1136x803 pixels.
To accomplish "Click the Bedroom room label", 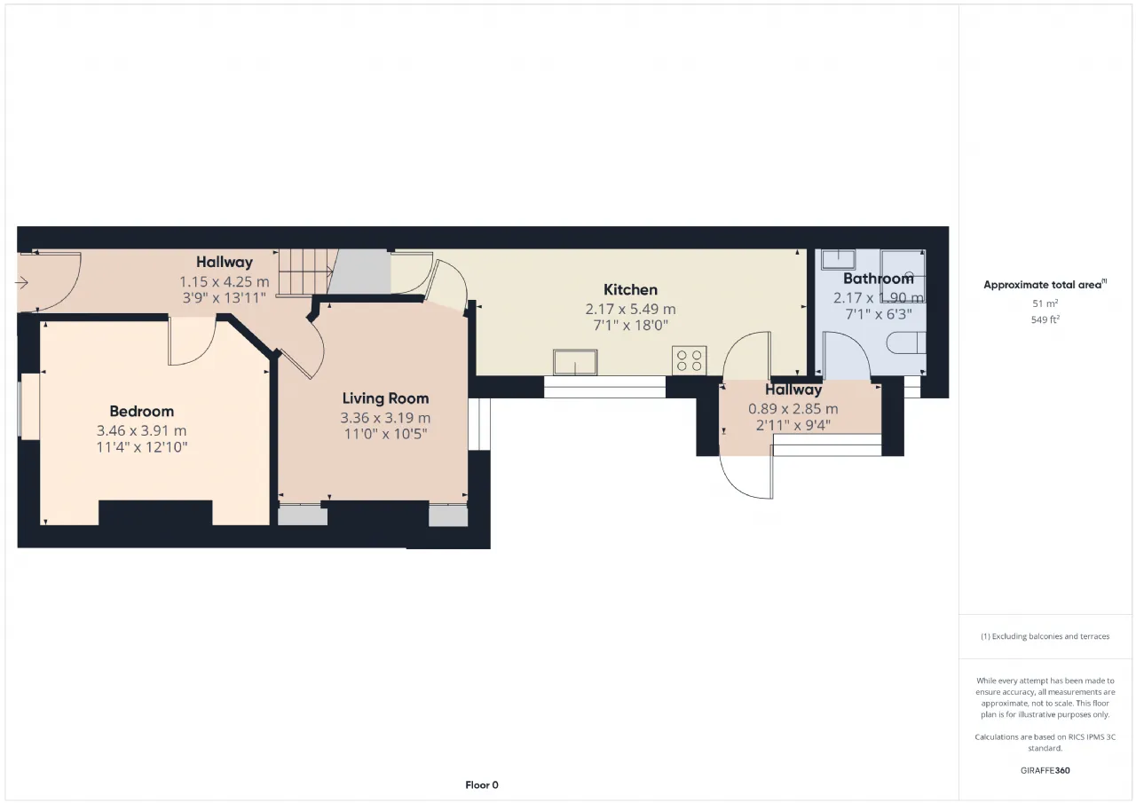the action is click(x=141, y=411).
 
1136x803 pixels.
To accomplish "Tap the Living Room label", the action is click(x=385, y=398).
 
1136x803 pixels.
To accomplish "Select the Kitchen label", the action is click(x=630, y=290).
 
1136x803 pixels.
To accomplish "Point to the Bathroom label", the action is click(x=879, y=279).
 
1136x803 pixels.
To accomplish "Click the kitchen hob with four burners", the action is click(x=690, y=360).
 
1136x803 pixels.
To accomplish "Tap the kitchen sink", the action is click(x=575, y=362).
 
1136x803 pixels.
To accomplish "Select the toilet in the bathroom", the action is click(x=906, y=342).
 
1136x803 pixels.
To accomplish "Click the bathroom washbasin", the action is click(x=839, y=259).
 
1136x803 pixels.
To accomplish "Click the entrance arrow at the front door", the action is click(x=21, y=282).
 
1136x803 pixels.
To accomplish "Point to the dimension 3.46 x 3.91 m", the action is click(x=141, y=430).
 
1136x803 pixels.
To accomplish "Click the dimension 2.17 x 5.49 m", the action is click(x=630, y=309).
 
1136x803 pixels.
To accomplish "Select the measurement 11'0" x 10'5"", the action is click(x=385, y=434).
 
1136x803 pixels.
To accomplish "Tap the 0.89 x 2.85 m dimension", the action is click(x=793, y=408).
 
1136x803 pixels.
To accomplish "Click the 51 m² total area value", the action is click(x=1045, y=303).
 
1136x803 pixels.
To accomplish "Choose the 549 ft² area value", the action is click(x=1045, y=320).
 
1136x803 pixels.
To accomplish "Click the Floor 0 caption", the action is click(x=482, y=784).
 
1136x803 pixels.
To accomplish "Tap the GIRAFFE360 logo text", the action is click(x=1045, y=770).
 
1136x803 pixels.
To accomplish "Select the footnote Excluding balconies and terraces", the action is click(x=1045, y=636).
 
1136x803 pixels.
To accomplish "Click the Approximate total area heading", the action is click(x=1045, y=285).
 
